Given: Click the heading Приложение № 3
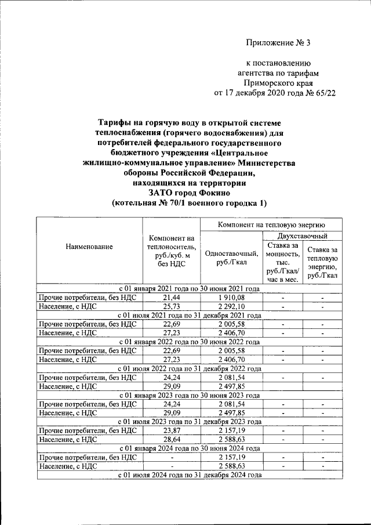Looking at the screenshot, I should point(278,42).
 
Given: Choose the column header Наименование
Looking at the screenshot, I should point(89,247).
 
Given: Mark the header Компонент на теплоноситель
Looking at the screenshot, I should point(171,251).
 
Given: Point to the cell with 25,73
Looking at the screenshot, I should point(171,306).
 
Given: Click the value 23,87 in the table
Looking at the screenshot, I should point(171,431).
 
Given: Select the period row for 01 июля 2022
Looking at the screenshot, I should point(189,368).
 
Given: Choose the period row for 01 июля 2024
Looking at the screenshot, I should point(189,475).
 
